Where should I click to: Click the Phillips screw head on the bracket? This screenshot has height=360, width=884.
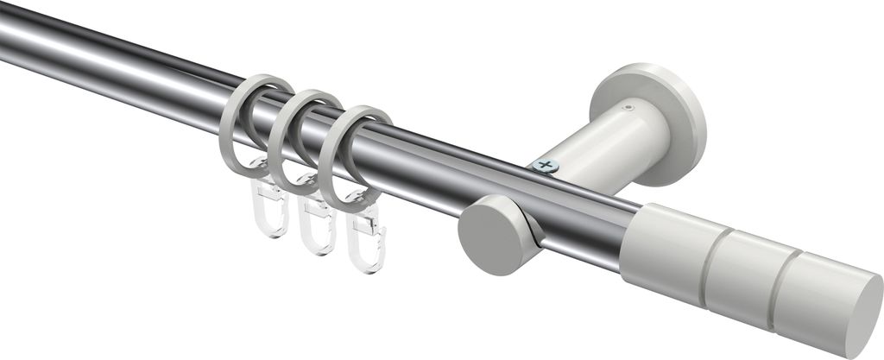click(544, 164)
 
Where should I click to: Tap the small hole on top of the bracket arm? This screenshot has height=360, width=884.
click(630, 108)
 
